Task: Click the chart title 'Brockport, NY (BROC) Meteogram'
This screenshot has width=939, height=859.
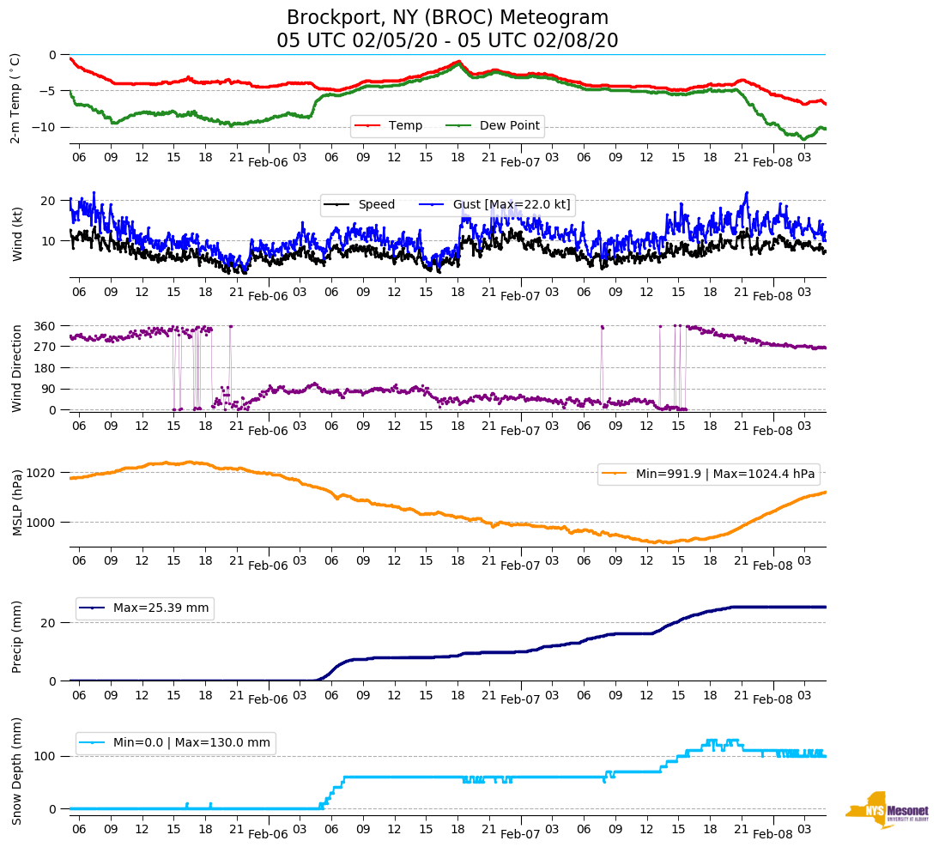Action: point(447,18)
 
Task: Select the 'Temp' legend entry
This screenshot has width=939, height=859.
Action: point(404,126)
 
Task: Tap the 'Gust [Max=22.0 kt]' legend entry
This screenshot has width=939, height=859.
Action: point(512,204)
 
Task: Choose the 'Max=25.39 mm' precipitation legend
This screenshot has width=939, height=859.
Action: point(161,608)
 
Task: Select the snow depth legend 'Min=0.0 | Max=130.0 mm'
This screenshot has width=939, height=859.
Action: point(191,743)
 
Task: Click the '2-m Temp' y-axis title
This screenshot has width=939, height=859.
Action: point(15,98)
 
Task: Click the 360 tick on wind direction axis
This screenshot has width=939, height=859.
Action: point(45,326)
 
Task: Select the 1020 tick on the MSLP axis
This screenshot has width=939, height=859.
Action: point(41,473)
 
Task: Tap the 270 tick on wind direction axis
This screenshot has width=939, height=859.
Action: point(45,347)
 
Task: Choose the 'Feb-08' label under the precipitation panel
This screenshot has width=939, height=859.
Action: point(772,700)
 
